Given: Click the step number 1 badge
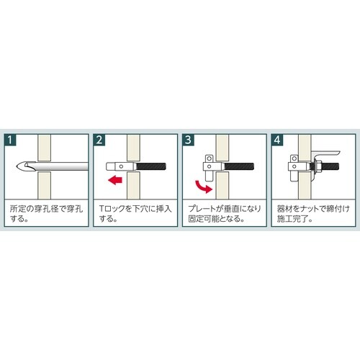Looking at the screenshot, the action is tap(10, 140).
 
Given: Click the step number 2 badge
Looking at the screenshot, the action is tap(99, 140).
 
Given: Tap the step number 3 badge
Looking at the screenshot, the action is tap(188, 140).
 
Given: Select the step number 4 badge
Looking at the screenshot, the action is tap(277, 140).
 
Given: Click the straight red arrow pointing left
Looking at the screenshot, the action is tap(115, 180).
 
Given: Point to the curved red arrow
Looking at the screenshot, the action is tap(203, 187).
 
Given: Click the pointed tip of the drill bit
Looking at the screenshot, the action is tap(17, 166).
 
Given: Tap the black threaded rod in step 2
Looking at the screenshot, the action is tap(151, 166).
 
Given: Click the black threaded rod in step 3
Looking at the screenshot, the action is tap(239, 166).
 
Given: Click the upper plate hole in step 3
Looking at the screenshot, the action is tap(210, 158).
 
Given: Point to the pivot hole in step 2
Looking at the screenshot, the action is tap(121, 166).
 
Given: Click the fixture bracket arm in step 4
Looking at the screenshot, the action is tap(326, 153).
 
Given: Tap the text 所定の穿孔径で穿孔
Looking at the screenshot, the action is tap(47, 209).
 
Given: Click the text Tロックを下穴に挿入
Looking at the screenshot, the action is tap(135, 209).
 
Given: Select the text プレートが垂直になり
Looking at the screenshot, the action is tap(225, 209).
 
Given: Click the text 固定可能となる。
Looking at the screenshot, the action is tap(216, 219).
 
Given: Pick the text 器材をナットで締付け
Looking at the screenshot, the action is tap(313, 209).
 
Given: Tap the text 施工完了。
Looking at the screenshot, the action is tap(294, 219).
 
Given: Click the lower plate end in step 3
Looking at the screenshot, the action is tap(209, 178).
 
